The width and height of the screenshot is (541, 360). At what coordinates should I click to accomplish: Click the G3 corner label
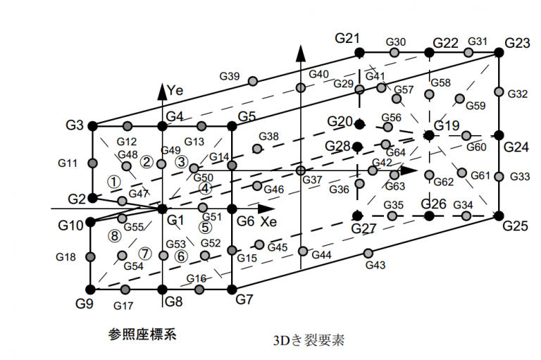(x=75, y=126)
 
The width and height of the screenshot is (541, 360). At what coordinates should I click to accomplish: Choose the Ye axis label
(x=176, y=90)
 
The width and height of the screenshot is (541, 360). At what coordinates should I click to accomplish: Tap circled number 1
(x=112, y=180)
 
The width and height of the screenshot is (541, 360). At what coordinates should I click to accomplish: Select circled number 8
(x=115, y=236)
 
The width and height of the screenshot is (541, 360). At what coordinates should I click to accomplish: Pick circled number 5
(x=205, y=228)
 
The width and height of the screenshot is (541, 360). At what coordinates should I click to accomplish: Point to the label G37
(x=312, y=180)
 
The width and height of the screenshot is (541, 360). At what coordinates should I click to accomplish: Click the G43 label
(x=375, y=265)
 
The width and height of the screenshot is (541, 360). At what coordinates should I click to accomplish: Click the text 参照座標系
(x=142, y=334)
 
